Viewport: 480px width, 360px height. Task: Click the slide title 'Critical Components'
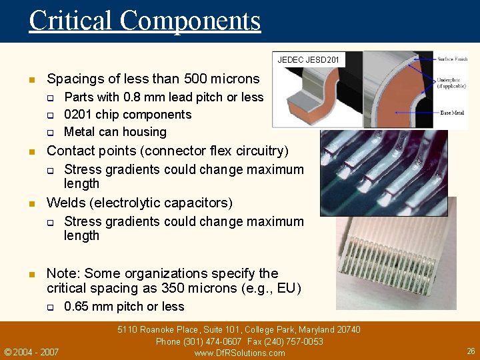click(x=145, y=21)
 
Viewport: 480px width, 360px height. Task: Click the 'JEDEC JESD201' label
click(x=308, y=61)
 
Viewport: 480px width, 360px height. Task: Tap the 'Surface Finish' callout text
click(x=453, y=59)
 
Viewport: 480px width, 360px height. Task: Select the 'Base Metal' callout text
click(x=452, y=113)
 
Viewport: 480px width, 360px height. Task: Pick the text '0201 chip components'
click(x=127, y=115)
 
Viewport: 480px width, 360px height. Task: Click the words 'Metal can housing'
click(x=115, y=132)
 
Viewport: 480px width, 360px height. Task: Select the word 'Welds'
click(x=65, y=203)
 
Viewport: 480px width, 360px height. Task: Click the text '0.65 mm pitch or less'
click(x=124, y=307)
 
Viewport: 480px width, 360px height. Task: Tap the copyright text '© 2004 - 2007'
click(x=31, y=352)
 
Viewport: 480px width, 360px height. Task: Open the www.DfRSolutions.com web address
click(x=239, y=353)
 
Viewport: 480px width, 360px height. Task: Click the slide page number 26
click(x=471, y=351)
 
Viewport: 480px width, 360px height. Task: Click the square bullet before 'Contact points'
click(x=31, y=152)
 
